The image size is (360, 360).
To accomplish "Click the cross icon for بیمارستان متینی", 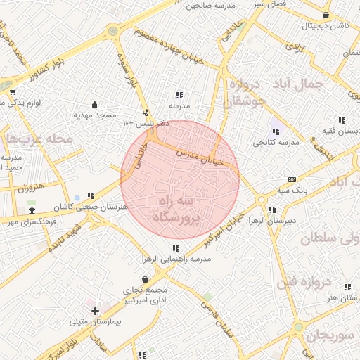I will click(95, 310).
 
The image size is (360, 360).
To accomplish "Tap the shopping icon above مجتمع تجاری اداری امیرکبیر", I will click(146, 279).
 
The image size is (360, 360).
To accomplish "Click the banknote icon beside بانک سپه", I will click(292, 179).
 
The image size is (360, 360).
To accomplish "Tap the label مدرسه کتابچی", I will click(276, 142).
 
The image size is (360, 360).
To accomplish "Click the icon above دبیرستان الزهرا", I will click(271, 210).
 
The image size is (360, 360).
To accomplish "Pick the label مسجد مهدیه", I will click(94, 114).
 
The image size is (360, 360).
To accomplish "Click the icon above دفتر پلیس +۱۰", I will click(146, 112).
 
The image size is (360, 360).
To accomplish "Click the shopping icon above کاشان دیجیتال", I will click(325, 15).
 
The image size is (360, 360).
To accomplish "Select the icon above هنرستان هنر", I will click(345, 287).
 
